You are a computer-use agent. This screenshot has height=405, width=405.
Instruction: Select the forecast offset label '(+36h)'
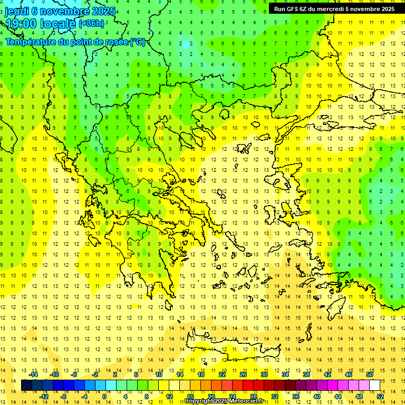coord(91,24)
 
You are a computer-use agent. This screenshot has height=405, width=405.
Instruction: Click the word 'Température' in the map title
coord(32,42)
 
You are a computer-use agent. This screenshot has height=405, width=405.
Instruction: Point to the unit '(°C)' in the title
coord(138,42)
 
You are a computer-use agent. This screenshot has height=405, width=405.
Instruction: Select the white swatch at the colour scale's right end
coord(375,385)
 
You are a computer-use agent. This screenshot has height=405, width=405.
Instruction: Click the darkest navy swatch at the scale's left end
coord(26,385)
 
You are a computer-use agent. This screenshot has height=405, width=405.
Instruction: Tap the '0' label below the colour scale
coord(104,396)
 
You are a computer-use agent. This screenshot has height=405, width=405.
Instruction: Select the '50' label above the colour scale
coord(370,374)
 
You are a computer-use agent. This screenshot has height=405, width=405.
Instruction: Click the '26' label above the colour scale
coord(243,374)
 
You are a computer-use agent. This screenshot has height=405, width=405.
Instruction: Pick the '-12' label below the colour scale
coord(44,396)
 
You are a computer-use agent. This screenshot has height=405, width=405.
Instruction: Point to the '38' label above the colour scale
coord(306,374)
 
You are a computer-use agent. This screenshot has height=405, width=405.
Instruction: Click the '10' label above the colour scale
coord(158,374)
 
